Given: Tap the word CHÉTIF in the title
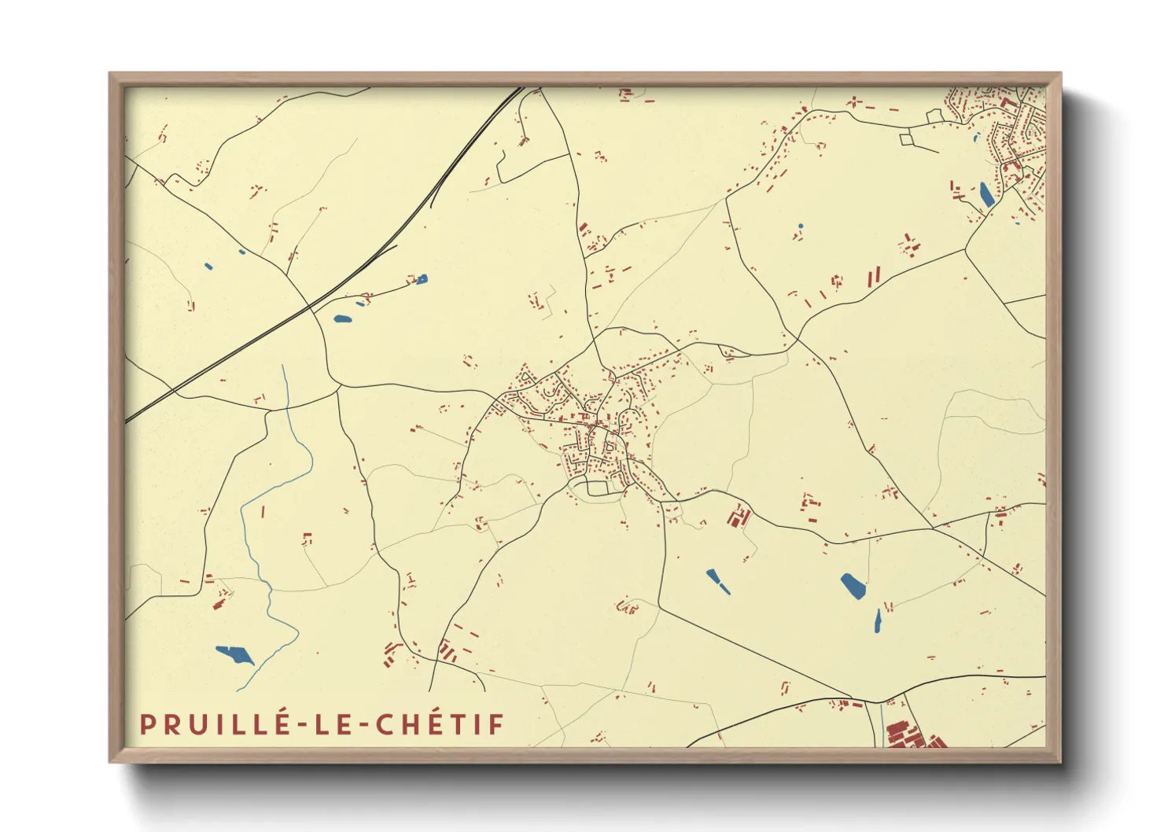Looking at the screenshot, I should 440,724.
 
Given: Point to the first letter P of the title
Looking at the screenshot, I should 146,724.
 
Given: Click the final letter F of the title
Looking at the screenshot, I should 496,724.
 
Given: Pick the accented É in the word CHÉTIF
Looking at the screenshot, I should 436,723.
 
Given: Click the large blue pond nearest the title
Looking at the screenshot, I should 234,653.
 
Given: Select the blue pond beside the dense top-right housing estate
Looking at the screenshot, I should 985,194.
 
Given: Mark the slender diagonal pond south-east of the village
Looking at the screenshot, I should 717,581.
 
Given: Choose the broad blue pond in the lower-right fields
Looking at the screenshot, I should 853,586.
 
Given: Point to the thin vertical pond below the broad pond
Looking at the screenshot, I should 878,621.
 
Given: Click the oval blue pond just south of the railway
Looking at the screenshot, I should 342,319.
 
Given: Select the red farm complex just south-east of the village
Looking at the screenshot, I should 738,517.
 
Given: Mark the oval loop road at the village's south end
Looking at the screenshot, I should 597,488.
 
